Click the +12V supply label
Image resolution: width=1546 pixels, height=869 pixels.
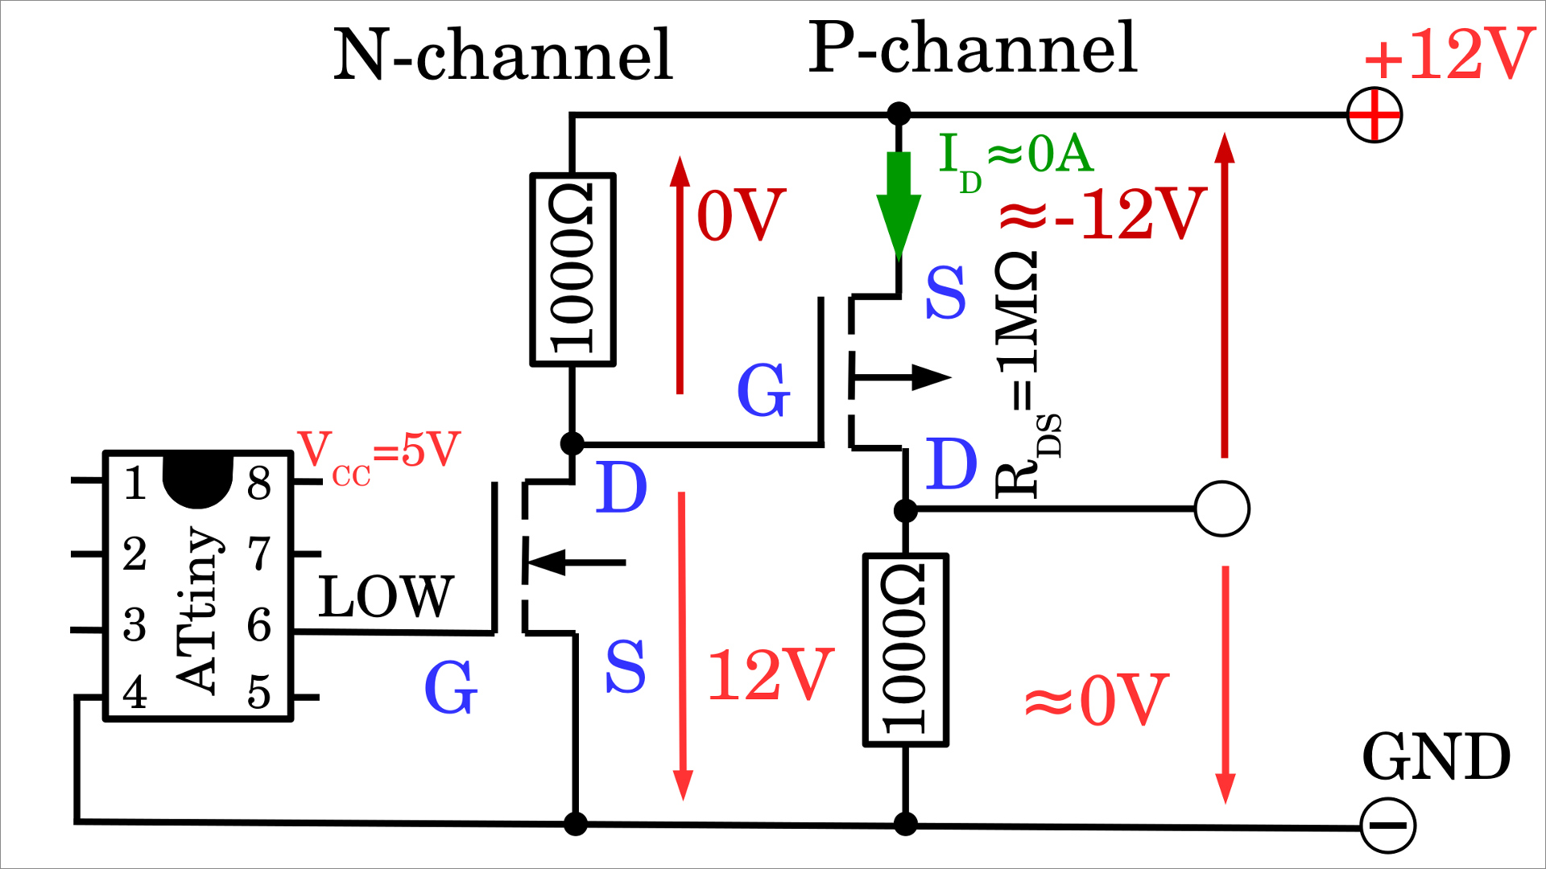coord(1449,55)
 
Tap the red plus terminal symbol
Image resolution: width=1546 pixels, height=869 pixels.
coord(1374,115)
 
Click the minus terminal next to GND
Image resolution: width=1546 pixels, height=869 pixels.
coord(1387,826)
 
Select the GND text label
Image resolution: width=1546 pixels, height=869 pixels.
coord(1436,757)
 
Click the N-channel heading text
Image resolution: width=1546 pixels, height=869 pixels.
coord(503,55)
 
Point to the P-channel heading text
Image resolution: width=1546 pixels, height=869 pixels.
coord(972,48)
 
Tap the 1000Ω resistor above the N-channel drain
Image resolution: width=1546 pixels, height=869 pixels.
coord(573,270)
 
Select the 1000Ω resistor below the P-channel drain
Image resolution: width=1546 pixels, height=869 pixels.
coord(905,650)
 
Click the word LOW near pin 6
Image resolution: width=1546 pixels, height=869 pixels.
coord(386,597)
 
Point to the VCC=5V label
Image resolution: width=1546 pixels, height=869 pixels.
coord(378,455)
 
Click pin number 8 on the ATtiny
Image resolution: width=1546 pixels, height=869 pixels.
coord(259,484)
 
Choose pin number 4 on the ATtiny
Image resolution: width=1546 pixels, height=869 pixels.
coord(135,693)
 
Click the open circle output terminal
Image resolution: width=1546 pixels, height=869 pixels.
coord(1222,509)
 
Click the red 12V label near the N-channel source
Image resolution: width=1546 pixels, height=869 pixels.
coord(770,674)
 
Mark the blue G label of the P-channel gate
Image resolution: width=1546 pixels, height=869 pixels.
coord(763,389)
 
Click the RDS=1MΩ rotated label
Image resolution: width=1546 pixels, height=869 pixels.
coord(1027,374)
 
